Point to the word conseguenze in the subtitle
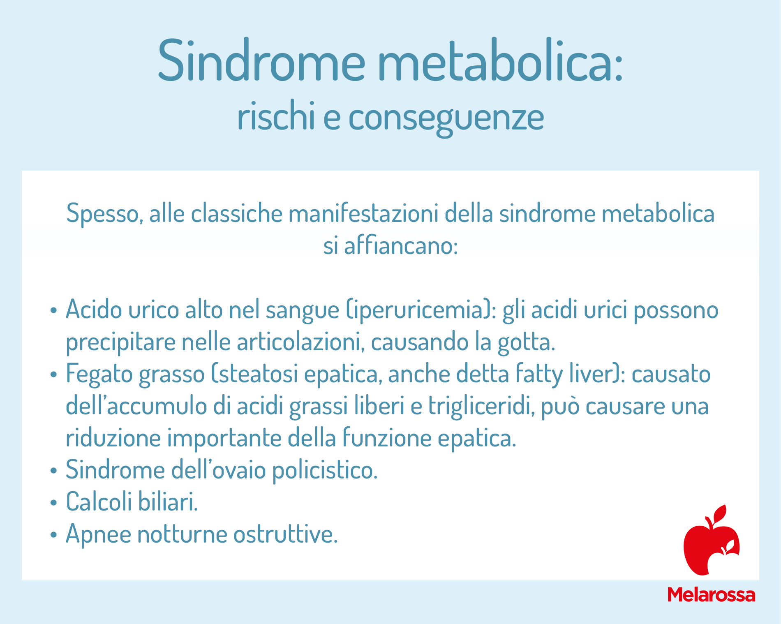(x=446, y=119)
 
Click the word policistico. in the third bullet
(x=325, y=470)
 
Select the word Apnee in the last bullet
(x=98, y=534)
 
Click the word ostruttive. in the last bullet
(x=286, y=534)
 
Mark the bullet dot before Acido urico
(x=53, y=310)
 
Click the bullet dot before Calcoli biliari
(x=53, y=502)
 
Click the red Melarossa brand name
(x=711, y=595)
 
